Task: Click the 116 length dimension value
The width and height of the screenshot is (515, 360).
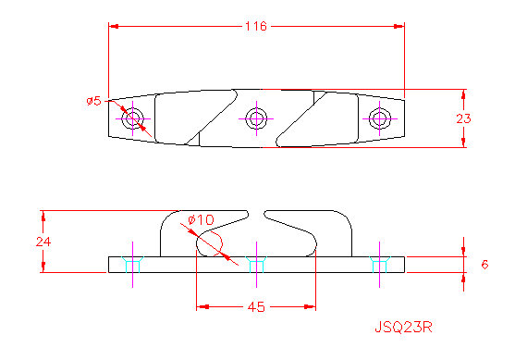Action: [256, 26]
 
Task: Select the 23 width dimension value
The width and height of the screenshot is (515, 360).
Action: [463, 118]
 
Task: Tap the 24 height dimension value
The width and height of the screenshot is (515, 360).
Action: [43, 242]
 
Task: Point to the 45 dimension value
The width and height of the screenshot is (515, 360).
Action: [256, 307]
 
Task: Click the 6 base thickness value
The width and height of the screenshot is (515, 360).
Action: [484, 265]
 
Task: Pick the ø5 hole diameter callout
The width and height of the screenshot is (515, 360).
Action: [94, 101]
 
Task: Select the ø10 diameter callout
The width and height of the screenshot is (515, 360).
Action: [202, 219]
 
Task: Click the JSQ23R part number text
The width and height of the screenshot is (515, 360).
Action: [404, 327]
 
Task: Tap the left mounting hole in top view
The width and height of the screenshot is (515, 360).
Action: [133, 118]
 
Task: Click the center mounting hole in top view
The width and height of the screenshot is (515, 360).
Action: [256, 118]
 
